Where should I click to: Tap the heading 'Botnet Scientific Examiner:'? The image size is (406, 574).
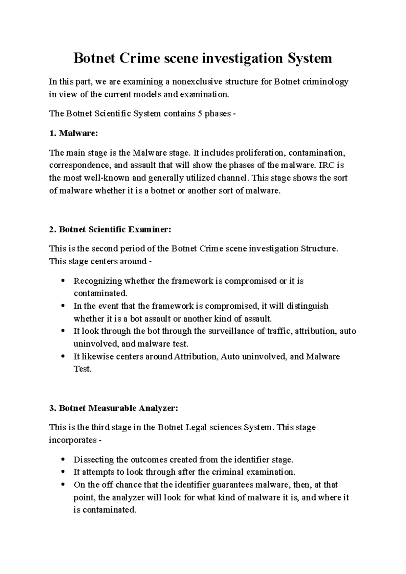[x=115, y=230]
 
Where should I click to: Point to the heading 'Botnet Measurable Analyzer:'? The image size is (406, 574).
[x=118, y=408]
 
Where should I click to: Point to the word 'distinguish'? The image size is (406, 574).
[x=308, y=306]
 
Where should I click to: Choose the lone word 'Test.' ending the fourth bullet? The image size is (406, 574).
[x=83, y=369]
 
